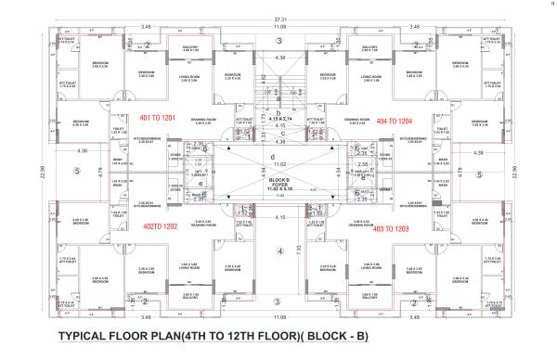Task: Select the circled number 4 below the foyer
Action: (278, 251)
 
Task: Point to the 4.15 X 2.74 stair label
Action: (279, 119)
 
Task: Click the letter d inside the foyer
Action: (278, 156)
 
